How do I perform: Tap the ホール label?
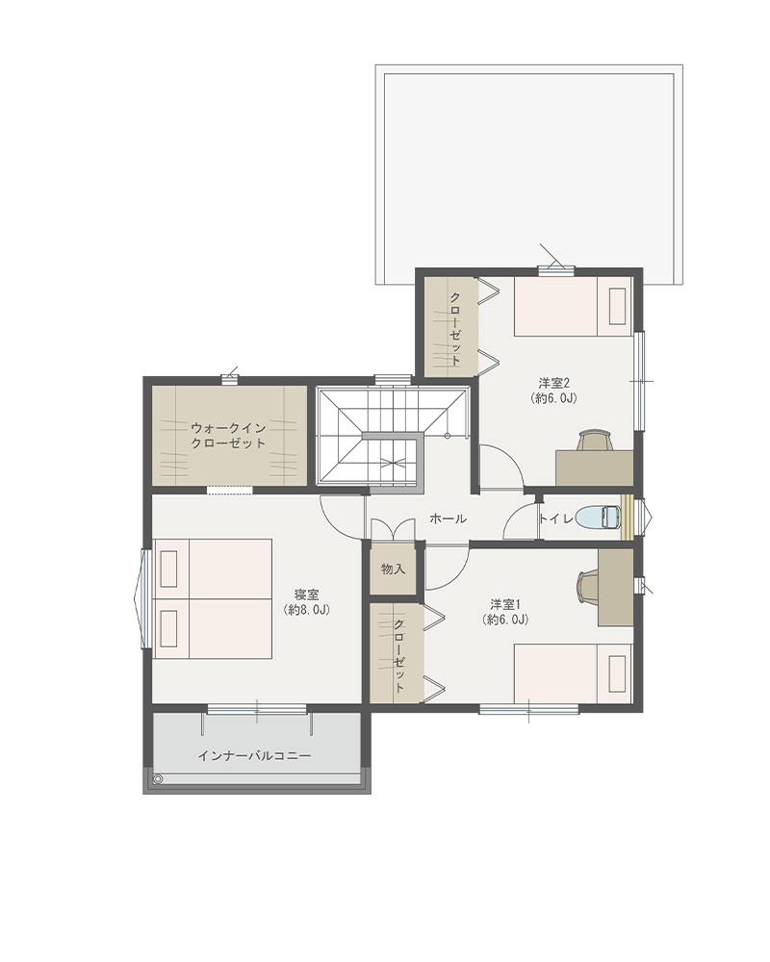tap(448, 519)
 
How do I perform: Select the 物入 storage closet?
tap(393, 569)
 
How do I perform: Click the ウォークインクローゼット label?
tap(228, 436)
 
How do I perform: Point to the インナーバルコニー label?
tap(254, 756)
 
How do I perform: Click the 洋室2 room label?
tap(554, 391)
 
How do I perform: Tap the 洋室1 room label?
tap(505, 612)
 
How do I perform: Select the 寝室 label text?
tap(307, 602)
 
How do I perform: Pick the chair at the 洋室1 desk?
tap(588, 587)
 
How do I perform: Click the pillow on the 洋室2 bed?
tap(617, 306)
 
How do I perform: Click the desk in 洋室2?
tap(595, 468)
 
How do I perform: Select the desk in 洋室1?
tap(616, 587)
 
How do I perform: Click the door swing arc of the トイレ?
tap(515, 517)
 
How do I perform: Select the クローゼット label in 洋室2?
tap(455, 328)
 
